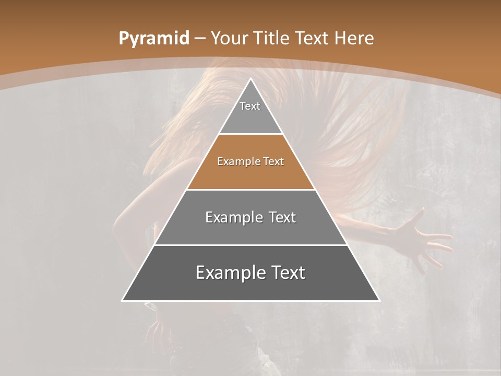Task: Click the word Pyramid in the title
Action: coord(153,39)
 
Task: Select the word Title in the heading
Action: coord(272,38)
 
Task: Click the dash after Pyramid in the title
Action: coord(199,39)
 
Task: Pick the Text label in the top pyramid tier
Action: coord(250,106)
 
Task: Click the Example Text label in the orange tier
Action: coord(250,161)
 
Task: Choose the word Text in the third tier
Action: coord(282,217)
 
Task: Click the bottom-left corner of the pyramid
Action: coord(123,300)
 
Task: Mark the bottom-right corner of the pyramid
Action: coord(379,300)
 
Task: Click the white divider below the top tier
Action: coord(250,134)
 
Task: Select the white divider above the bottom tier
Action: coord(250,245)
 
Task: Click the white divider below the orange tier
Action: coord(250,190)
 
